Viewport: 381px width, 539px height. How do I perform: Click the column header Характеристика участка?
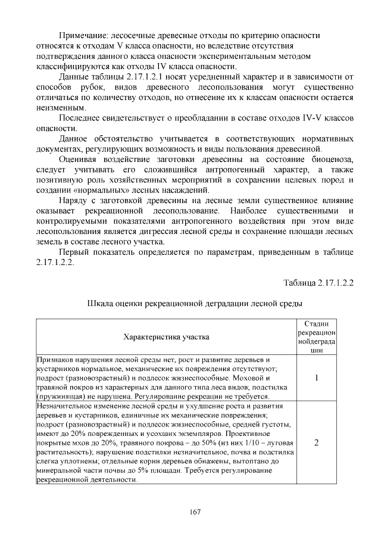[x=165, y=337]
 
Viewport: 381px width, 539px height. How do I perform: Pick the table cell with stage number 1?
[x=317, y=378]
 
